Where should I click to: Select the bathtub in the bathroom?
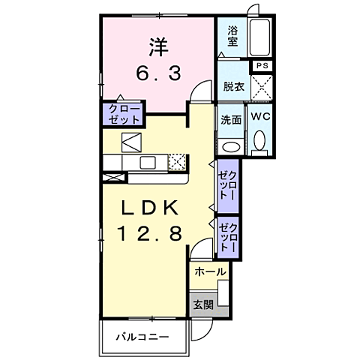(x=260, y=37)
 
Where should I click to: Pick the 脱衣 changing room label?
(x=233, y=87)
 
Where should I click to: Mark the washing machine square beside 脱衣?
(x=262, y=88)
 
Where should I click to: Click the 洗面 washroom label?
(x=231, y=119)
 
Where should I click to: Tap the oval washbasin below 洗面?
(x=231, y=145)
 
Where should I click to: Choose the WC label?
(x=261, y=118)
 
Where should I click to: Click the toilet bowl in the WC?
(x=259, y=141)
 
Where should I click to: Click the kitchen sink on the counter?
(x=147, y=162)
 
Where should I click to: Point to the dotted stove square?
(x=178, y=161)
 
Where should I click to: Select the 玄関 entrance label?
(x=202, y=304)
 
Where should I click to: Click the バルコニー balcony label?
(x=142, y=336)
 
